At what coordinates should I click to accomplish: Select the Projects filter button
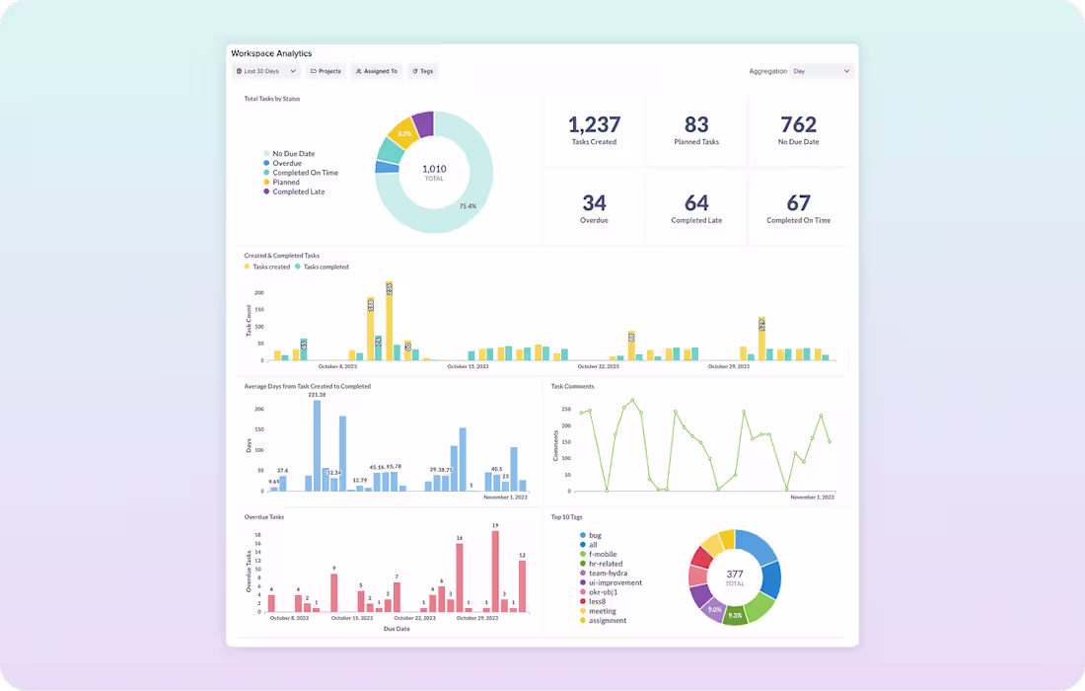325,71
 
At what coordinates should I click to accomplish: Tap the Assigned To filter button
376,71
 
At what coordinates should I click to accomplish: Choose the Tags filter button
423,71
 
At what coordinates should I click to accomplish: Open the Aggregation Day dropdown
821,71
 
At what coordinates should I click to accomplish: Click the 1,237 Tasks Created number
594,124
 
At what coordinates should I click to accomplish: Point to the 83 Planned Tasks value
696,124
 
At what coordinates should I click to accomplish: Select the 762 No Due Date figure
798,124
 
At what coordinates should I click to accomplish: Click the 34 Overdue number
594,203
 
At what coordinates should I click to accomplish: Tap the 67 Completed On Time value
798,203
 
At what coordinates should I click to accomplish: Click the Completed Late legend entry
298,192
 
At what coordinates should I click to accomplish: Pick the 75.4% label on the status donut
468,206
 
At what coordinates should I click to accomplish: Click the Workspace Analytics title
271,53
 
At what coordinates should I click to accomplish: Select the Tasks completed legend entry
325,267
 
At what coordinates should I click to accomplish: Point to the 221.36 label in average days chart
317,395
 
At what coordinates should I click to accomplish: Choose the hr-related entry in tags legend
607,564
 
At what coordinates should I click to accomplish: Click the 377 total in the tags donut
735,575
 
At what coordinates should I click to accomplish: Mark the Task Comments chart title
572,386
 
